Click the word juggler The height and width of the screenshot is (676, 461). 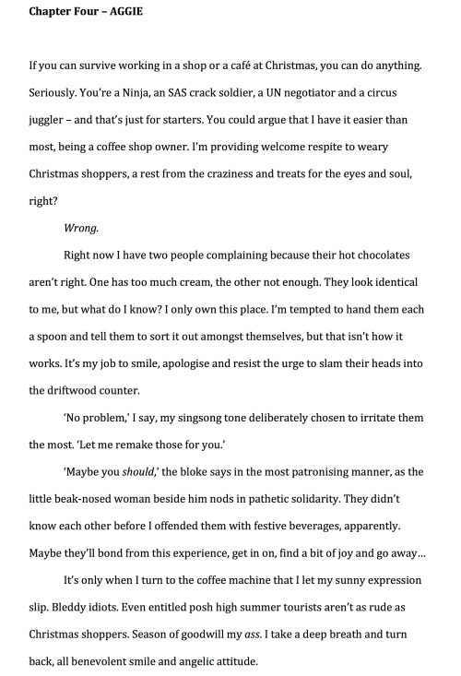pyautogui.click(x=50, y=119)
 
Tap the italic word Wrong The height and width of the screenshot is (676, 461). pyautogui.click(x=80, y=226)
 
